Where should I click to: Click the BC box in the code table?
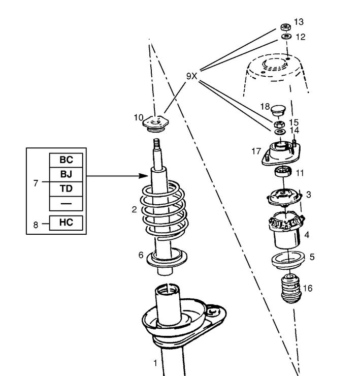[66, 160]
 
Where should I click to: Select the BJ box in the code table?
[66, 174]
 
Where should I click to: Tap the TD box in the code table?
[66, 189]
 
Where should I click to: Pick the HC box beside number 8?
[66, 223]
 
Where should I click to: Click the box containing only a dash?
[66, 203]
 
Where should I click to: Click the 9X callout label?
[191, 76]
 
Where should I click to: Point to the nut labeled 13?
[285, 26]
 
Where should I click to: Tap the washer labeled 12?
[285, 37]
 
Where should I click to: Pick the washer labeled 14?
[279, 132]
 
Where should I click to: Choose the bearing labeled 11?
[282, 172]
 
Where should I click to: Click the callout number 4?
[306, 235]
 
